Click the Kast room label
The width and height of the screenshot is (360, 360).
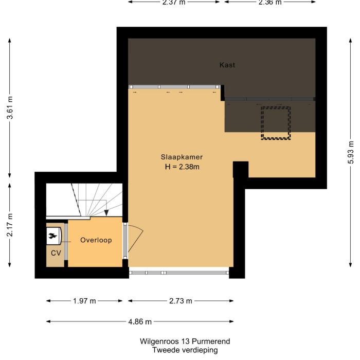[227, 65]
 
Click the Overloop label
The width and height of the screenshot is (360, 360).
[96, 240]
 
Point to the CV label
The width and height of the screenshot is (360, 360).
[56, 253]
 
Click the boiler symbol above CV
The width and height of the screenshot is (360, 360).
[53, 237]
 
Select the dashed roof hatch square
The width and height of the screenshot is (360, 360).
[276, 123]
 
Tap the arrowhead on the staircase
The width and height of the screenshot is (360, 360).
[105, 212]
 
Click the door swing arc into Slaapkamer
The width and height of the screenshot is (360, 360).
[137, 239]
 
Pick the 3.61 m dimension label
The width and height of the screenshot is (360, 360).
[10, 109]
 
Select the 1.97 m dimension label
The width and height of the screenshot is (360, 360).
[84, 301]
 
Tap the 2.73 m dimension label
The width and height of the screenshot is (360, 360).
[181, 301]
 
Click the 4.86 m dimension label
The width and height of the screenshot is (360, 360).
[140, 321]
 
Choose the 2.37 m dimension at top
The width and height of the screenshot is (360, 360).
[174, 2]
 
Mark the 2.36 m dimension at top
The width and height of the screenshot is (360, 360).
[270, 2]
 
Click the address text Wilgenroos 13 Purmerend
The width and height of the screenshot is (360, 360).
[185, 341]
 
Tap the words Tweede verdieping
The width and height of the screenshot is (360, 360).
[185, 350]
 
